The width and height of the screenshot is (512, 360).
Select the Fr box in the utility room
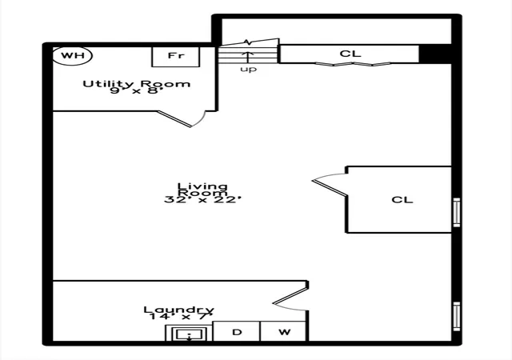click(x=176, y=57)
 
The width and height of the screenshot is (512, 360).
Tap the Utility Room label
click(x=137, y=84)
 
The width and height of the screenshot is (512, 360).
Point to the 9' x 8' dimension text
click(x=136, y=90)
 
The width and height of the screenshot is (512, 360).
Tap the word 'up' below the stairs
click(x=249, y=70)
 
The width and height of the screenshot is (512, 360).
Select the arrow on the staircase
click(x=248, y=56)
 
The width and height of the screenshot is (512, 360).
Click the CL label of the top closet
click(x=350, y=54)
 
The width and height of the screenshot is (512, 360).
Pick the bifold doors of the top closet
click(x=353, y=64)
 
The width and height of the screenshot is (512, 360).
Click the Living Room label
click(x=202, y=190)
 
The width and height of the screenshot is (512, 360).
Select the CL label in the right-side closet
click(x=402, y=200)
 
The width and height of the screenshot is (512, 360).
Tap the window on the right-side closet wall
click(x=457, y=212)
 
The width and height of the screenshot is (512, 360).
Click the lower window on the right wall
click(x=457, y=316)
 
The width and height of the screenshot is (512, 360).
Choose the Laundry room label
click(x=179, y=310)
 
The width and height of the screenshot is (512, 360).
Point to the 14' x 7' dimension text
click(x=182, y=316)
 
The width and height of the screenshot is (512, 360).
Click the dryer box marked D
click(x=237, y=331)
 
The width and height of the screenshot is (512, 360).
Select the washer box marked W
click(x=283, y=331)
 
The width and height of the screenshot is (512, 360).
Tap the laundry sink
click(x=190, y=334)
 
